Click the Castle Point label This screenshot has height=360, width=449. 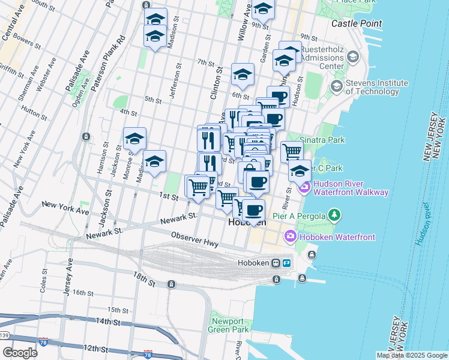(357, 23)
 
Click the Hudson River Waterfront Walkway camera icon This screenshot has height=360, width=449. (304, 188)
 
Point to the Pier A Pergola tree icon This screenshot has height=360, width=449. (334, 215)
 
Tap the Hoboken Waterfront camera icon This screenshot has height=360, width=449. (291, 236)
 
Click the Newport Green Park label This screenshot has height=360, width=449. (229, 325)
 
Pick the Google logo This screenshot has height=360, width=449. (20, 352)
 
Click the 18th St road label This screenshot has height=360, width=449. (146, 277)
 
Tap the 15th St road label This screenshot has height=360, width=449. (114, 310)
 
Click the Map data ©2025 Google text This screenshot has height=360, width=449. (411, 355)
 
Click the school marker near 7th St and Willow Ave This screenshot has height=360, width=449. (243, 75)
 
